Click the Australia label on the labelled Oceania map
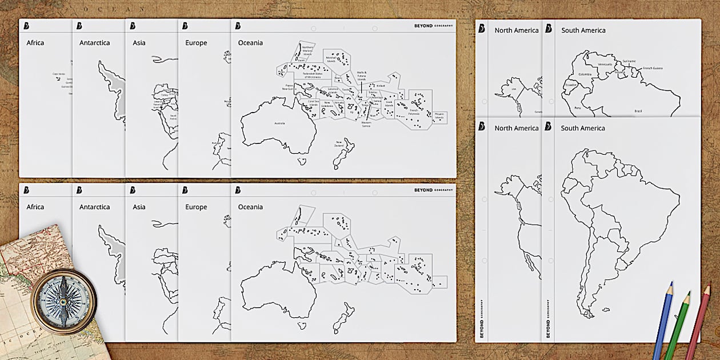point(279,123)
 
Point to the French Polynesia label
point(414,112)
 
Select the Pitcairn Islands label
point(439,116)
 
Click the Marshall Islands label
point(331,59)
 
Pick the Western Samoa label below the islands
point(366,124)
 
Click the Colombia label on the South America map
point(585,74)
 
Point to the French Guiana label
point(653,68)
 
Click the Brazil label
point(638,111)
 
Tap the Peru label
point(578,107)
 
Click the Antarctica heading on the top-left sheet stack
point(95,43)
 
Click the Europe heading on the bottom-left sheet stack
point(196,207)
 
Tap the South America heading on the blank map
point(583,128)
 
